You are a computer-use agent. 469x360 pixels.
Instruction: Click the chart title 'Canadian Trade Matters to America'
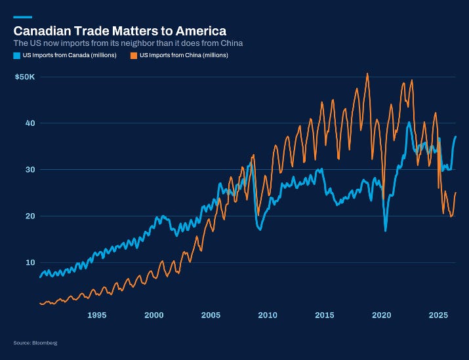pyautogui.click(x=119, y=31)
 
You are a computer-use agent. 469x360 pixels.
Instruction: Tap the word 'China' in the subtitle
pyautogui.click(x=232, y=43)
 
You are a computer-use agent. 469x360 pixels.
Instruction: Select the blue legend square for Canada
pyautogui.click(x=17, y=55)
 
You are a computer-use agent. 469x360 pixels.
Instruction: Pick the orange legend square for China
pyautogui.click(x=134, y=55)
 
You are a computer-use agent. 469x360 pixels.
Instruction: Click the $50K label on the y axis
pyautogui.click(x=25, y=77)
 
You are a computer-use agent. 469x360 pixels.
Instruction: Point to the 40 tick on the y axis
pyautogui.click(x=30, y=123)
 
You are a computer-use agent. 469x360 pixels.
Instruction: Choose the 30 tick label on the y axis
pyautogui.click(x=30, y=170)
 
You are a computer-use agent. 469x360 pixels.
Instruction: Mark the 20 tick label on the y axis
pyautogui.click(x=30, y=216)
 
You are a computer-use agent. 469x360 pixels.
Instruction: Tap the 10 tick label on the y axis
pyautogui.click(x=30, y=262)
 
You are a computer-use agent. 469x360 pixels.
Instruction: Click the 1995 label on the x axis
pyautogui.click(x=97, y=315)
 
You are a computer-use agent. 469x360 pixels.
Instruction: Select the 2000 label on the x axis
pyautogui.click(x=154, y=315)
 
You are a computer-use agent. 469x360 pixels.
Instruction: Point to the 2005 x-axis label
pyautogui.click(x=211, y=315)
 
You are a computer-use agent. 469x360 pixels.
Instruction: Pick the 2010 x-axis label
pyautogui.click(x=268, y=315)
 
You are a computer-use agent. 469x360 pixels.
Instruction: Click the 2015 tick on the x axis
pyautogui.click(x=325, y=315)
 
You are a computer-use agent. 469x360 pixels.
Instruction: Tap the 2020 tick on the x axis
pyautogui.click(x=382, y=315)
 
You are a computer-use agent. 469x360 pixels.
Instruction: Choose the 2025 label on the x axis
pyautogui.click(x=438, y=315)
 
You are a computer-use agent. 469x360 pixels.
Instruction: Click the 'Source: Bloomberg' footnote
pyautogui.click(x=35, y=343)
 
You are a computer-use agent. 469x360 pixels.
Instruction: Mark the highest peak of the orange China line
pyautogui.click(x=367, y=73)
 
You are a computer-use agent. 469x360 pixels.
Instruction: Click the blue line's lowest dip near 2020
pyautogui.click(x=386, y=231)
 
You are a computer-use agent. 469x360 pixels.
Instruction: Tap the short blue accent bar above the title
pyautogui.click(x=23, y=17)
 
